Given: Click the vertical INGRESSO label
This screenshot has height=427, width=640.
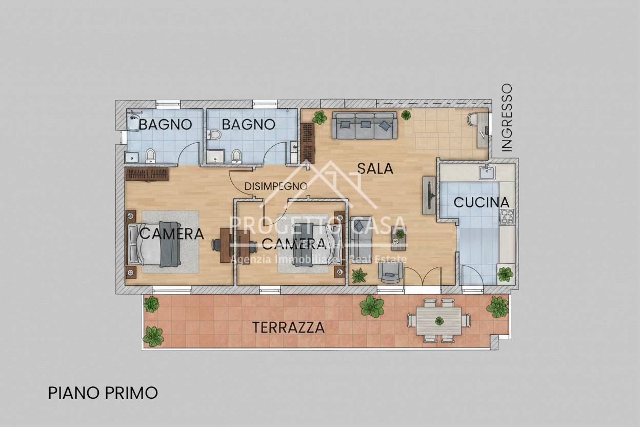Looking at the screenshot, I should [507, 118].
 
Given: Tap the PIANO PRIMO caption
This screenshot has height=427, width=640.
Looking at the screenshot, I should [103, 393].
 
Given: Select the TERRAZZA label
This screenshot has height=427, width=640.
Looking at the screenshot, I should [288, 327].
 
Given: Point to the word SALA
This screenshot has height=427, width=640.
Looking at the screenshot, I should [375, 168].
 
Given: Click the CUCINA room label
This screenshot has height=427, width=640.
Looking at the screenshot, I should [482, 202].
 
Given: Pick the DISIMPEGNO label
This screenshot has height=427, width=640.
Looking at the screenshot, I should [275, 186].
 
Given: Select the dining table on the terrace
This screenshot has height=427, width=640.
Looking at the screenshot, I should [439, 321].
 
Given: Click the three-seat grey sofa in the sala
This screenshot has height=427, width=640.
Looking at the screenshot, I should [365, 125].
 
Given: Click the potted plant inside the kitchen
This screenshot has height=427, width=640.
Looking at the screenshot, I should [505, 274].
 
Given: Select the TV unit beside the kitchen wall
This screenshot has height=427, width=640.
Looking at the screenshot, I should [429, 195].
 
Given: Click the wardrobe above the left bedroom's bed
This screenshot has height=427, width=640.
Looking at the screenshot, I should [147, 174].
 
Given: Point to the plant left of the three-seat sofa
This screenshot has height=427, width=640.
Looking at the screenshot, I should [319, 118].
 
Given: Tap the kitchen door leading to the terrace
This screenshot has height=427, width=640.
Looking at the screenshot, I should [472, 276].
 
